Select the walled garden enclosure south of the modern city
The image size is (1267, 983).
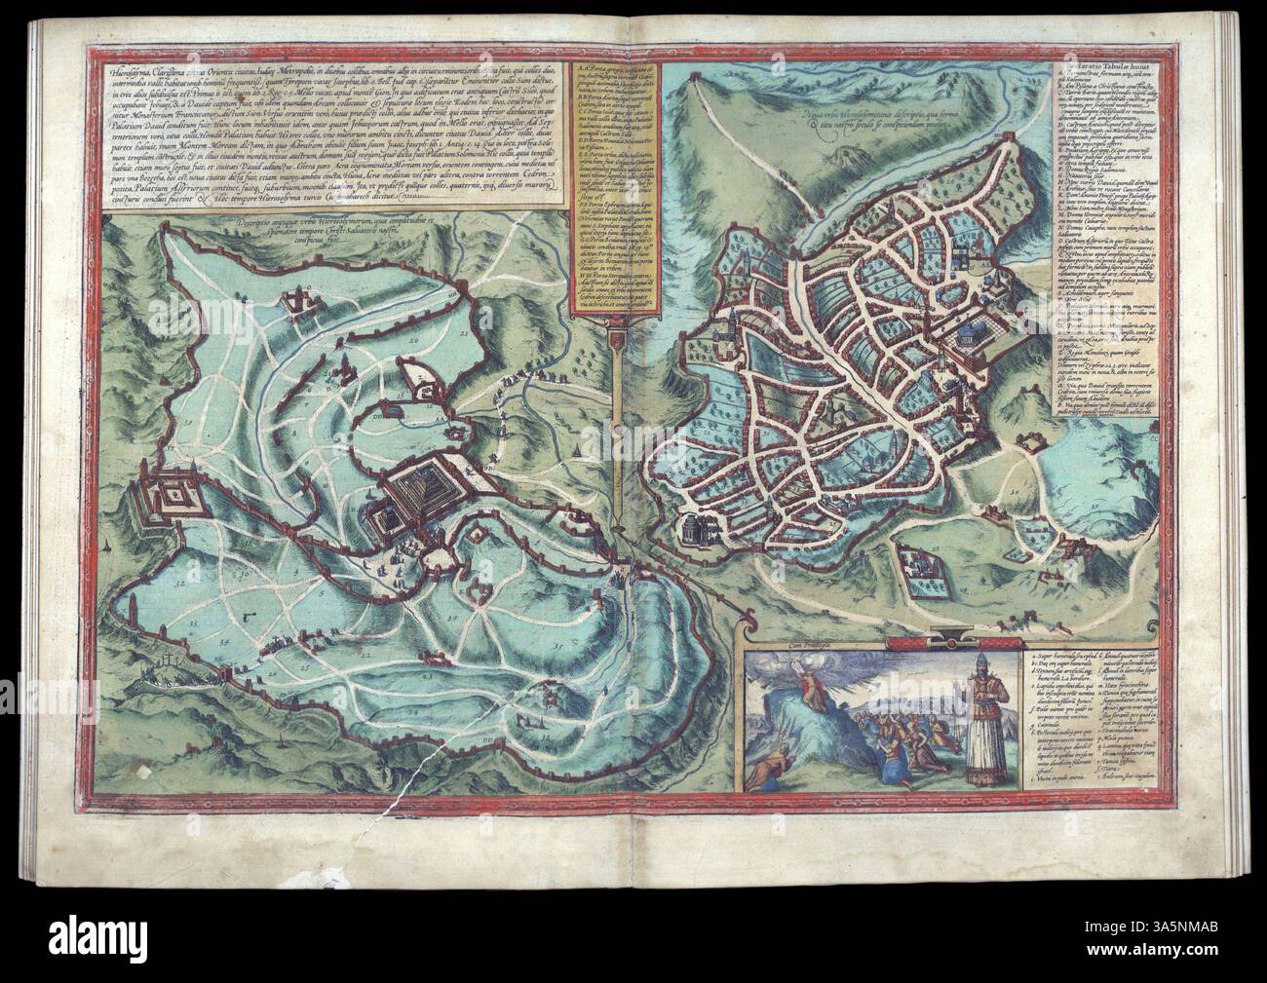tap(920, 571)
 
